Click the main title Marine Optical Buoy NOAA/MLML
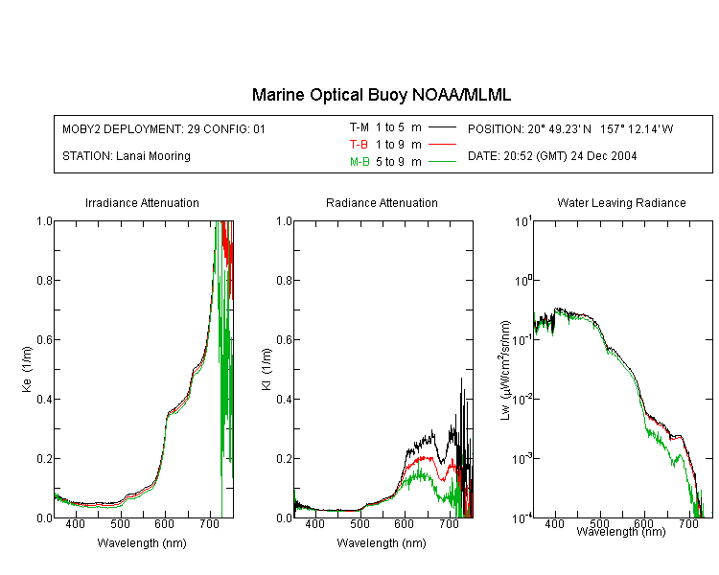point(381,95)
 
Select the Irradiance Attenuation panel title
point(142,202)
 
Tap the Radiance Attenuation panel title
point(382,202)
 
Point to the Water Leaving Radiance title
point(621,202)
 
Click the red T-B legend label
point(359,145)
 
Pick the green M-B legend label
point(359,162)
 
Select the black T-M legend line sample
point(443,127)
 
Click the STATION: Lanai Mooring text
point(127,156)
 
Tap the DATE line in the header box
point(552,156)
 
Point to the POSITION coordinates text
point(570,128)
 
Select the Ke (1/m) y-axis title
point(27,369)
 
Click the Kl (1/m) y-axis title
point(267,369)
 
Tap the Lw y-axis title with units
point(505,370)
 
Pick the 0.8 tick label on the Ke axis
point(44,280)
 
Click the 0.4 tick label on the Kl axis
point(285,399)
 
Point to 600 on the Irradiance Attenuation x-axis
point(164,523)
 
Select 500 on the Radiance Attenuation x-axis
point(359,523)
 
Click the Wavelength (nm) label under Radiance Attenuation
point(382,543)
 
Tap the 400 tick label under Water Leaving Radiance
point(554,523)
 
